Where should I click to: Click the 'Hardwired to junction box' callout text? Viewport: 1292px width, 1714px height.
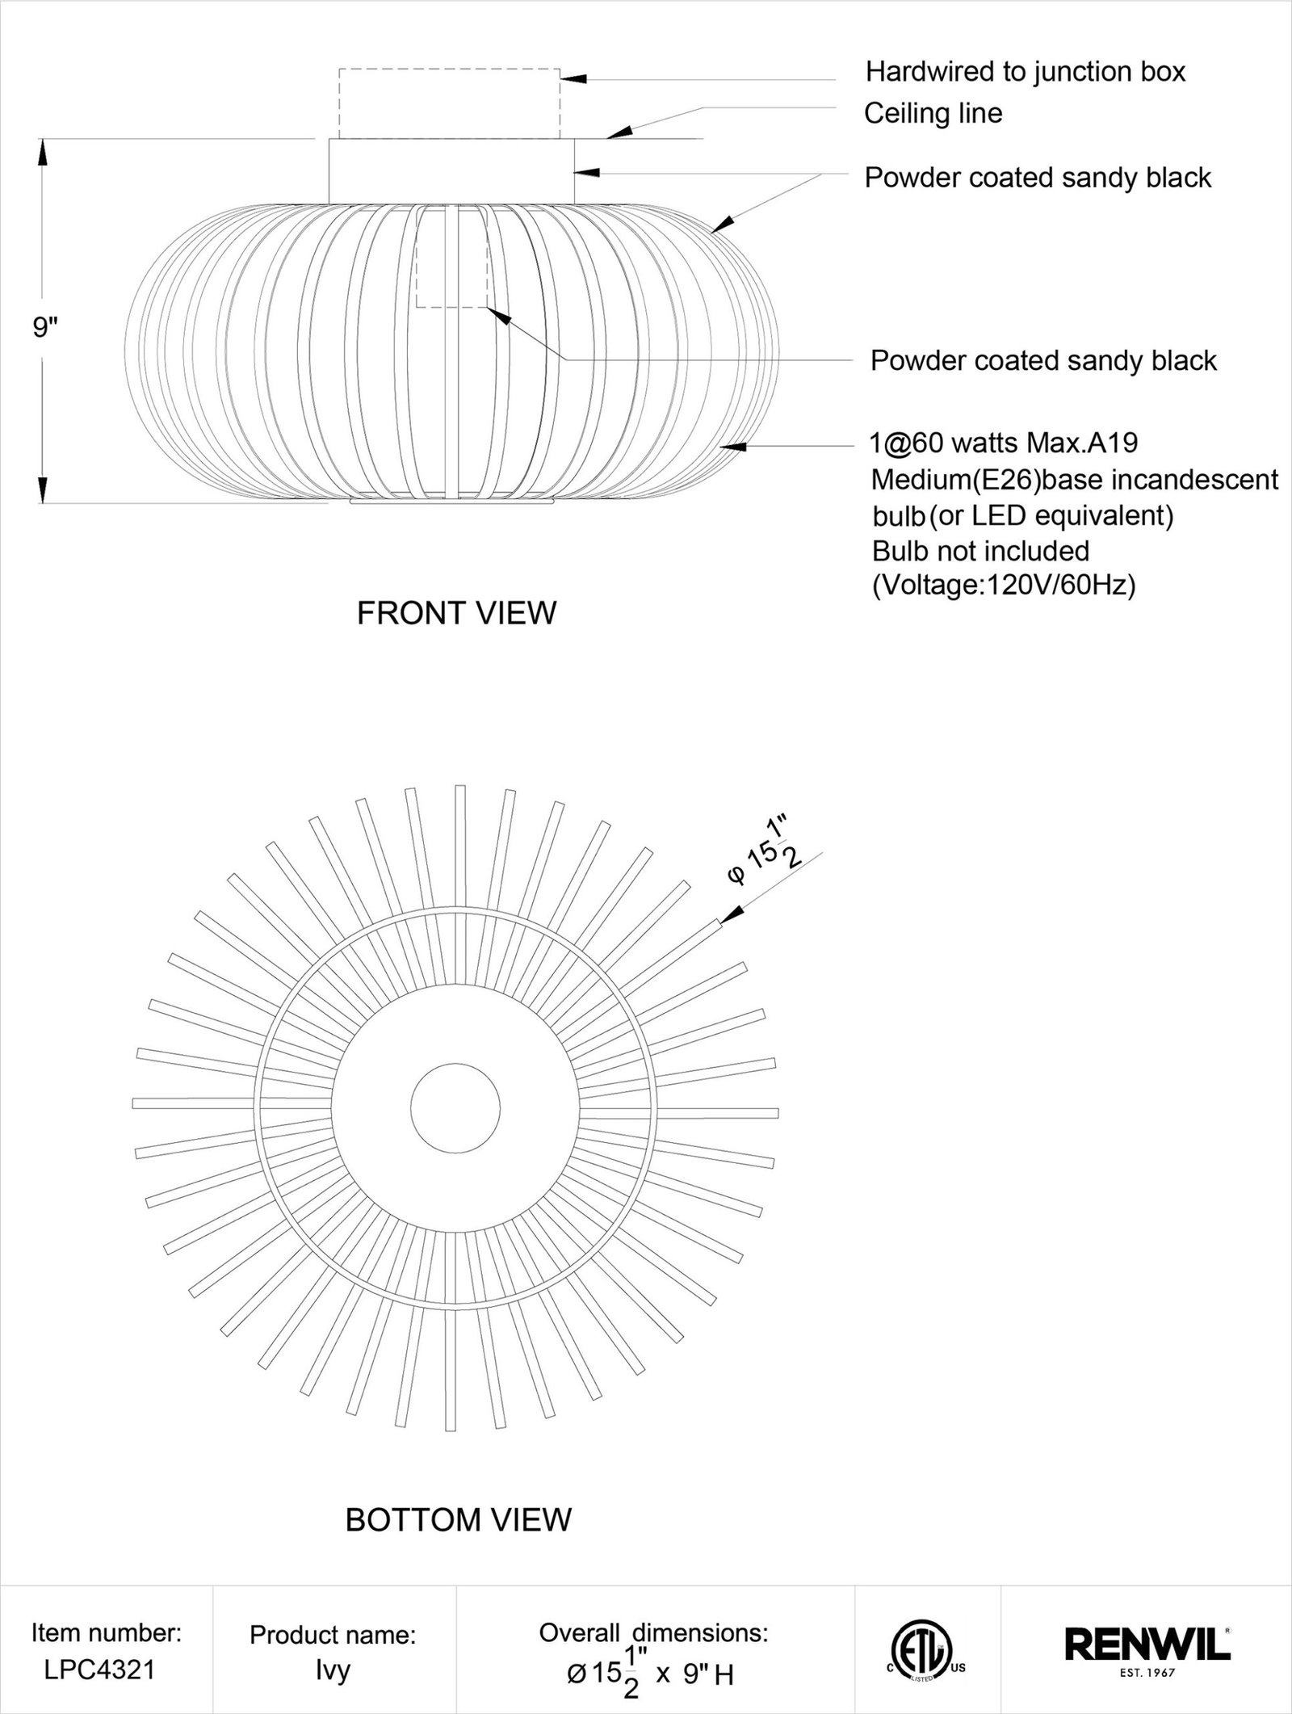(x=1025, y=72)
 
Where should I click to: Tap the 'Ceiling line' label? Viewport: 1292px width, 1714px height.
(x=933, y=113)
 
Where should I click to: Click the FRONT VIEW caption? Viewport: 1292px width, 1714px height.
(x=456, y=613)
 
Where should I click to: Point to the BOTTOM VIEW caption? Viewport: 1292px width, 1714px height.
(x=458, y=1520)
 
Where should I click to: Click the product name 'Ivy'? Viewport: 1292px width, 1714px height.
(x=333, y=1670)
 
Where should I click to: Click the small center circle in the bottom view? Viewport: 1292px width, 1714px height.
(x=455, y=1107)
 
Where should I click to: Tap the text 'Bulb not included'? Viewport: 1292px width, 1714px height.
(x=980, y=551)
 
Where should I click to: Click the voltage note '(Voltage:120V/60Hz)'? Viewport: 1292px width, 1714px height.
(x=1004, y=585)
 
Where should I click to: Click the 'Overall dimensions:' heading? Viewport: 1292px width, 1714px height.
(x=653, y=1633)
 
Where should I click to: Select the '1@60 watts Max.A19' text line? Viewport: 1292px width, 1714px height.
(x=1004, y=443)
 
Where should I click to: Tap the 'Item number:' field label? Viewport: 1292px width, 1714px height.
(x=106, y=1633)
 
